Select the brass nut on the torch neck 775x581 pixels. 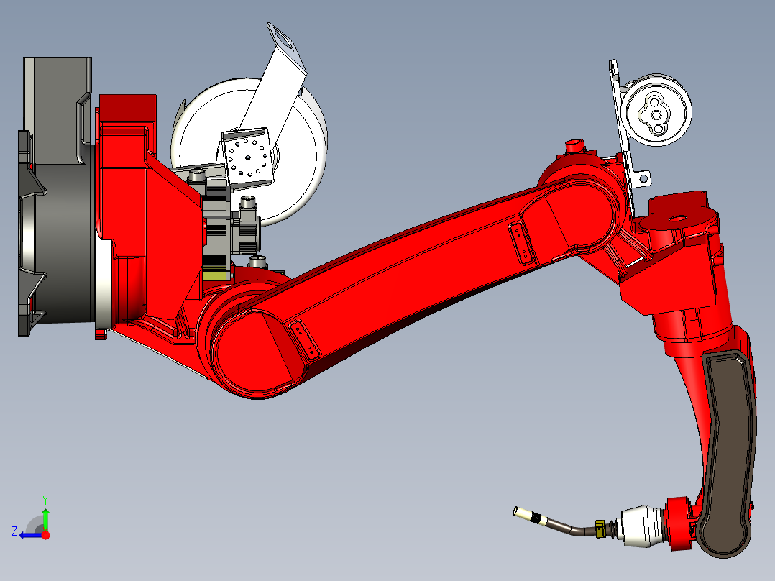[600, 529]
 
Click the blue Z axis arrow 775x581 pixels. [29, 535]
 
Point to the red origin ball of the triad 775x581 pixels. [45, 535]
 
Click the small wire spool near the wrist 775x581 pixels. [656, 110]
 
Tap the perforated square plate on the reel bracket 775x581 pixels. [247, 157]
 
